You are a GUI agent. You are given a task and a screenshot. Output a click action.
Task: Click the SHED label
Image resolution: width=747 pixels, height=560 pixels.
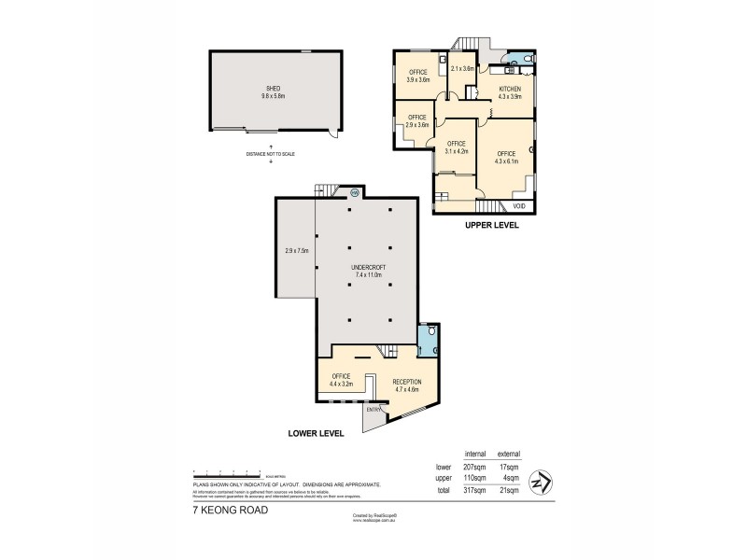coord(273,90)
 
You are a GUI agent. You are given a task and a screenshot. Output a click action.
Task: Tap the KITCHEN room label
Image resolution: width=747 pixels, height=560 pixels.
coord(509,90)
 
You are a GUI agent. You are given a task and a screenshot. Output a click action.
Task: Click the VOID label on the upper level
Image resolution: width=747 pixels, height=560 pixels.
coord(519,205)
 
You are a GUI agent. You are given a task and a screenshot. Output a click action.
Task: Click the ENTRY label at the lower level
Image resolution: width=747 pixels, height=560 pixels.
coord(373,409)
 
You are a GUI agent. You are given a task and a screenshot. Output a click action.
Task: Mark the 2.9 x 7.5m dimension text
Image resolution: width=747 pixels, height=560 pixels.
coord(296,250)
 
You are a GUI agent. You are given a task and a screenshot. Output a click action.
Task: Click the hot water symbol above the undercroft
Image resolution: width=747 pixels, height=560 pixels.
coord(355,193)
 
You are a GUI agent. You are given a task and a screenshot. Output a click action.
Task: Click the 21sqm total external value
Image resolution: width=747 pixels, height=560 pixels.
coord(511,489)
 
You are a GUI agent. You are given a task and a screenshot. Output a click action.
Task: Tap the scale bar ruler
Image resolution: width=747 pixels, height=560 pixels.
coord(226,475)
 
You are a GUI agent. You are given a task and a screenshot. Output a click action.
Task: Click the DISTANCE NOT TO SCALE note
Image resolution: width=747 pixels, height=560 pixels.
coord(271,153)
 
